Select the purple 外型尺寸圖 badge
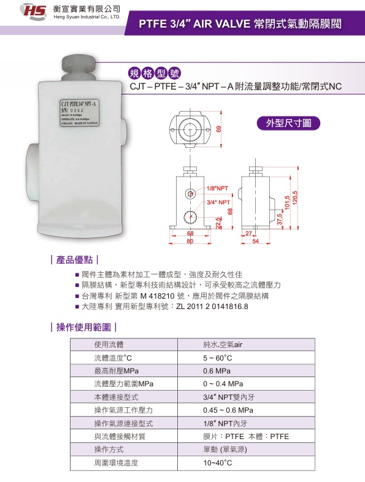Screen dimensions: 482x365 pos(288,123)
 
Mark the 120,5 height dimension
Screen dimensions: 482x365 pos(295,198)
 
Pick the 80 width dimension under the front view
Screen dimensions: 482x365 pos(190,242)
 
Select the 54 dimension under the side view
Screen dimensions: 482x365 pos(256,242)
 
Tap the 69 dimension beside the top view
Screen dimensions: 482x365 pos(218,128)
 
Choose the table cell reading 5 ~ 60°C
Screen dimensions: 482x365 pos(218,358)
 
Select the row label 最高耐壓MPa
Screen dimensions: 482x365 pos(117,371)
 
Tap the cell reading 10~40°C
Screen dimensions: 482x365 pos(217,463)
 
